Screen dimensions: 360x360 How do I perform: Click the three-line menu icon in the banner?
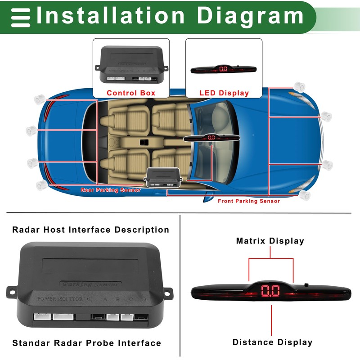20,18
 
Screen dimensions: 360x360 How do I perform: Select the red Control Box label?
131,93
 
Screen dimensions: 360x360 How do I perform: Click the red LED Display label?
224,93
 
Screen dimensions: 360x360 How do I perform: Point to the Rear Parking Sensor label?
111,190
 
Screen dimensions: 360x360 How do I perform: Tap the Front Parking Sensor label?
249,201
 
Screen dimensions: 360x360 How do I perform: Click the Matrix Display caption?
270,241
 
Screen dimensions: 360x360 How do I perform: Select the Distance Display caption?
272,342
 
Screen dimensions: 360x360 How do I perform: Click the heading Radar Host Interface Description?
91,230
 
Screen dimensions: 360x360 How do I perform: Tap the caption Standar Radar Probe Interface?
86,343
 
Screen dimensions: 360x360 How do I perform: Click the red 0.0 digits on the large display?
270,292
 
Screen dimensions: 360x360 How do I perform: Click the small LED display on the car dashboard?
211,137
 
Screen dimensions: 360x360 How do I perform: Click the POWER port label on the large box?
47,299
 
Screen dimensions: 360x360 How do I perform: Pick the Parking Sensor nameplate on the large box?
90,284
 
